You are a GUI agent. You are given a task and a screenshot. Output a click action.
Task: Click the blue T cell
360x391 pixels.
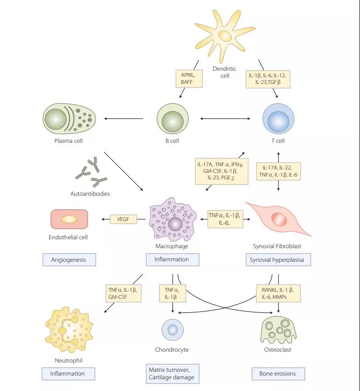278,118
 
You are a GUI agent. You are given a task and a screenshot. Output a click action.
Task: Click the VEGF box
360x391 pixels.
123,219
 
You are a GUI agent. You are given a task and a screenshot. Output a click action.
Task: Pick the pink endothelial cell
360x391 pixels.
69,219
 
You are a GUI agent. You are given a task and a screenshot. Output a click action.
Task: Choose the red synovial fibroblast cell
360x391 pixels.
279,219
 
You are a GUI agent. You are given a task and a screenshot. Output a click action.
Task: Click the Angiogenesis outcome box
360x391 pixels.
69,259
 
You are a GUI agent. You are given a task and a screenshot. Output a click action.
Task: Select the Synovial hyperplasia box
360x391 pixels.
278,259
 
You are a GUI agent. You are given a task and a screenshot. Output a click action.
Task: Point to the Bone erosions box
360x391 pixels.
278,374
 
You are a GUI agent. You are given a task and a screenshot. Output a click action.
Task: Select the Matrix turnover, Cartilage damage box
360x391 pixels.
172,374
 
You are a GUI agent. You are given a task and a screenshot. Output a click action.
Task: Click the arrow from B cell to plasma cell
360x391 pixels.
123,118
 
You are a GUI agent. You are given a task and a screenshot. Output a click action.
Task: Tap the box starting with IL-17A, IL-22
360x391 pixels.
278,170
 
